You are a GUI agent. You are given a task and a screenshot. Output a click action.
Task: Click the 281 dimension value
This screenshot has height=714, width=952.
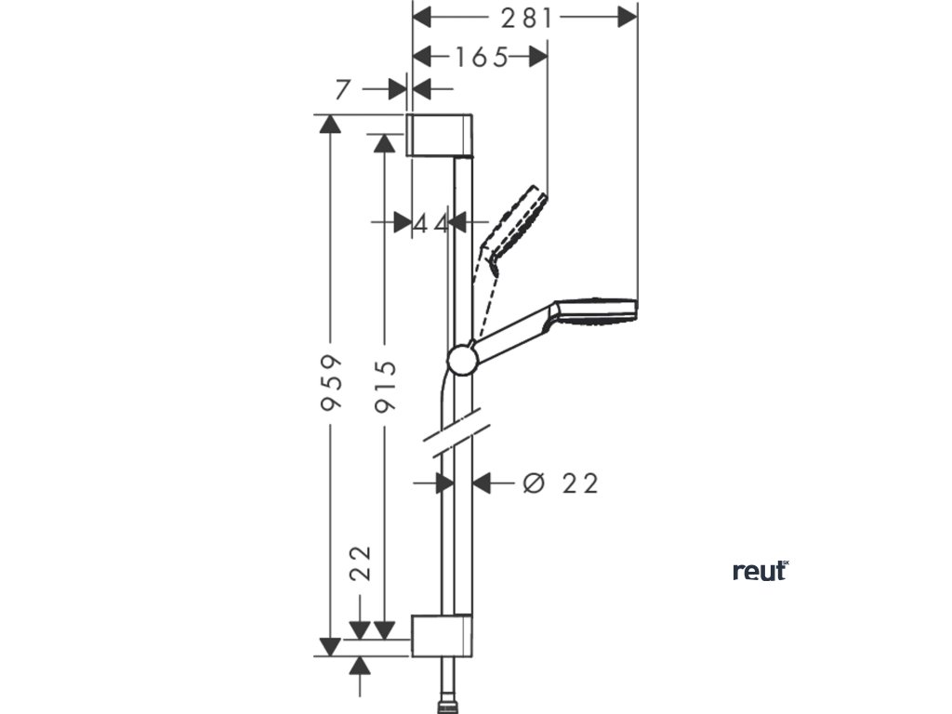[525, 17]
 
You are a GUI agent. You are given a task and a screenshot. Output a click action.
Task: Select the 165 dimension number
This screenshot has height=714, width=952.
[481, 58]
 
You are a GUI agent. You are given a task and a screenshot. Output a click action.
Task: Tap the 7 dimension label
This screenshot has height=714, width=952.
[342, 89]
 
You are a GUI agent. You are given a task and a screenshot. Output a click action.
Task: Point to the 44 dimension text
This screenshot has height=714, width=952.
[430, 222]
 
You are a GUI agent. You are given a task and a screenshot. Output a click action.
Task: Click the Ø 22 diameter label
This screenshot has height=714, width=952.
[560, 483]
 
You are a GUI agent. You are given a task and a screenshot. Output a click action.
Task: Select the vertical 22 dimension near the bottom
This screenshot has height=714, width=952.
[362, 563]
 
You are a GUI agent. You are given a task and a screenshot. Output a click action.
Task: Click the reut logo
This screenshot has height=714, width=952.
[760, 571]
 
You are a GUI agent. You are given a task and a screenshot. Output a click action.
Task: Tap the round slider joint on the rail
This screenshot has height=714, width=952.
[462, 359]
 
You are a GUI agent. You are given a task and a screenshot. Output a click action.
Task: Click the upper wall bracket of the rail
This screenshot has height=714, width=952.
[442, 136]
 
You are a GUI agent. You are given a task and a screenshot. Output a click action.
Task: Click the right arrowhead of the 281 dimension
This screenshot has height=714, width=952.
[628, 17]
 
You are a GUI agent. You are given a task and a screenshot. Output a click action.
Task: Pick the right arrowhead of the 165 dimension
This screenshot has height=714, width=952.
[538, 58]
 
